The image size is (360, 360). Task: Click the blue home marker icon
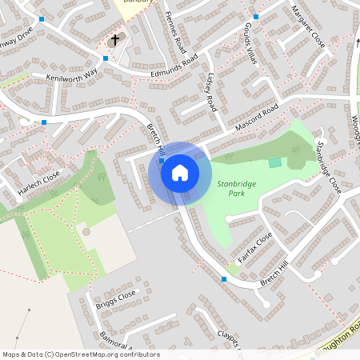(x=180, y=172)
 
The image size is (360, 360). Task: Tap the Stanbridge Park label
(x=237, y=189)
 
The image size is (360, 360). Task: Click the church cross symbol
(x=114, y=40)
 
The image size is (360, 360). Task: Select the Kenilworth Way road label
(x=71, y=77)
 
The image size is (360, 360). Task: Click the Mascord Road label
(x=257, y=117)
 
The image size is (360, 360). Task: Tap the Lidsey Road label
(x=211, y=93)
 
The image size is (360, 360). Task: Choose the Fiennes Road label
(x=174, y=33)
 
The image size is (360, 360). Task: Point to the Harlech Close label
(x=39, y=184)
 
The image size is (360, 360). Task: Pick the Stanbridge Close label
(x=328, y=167)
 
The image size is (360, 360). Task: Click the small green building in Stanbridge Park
(x=275, y=162)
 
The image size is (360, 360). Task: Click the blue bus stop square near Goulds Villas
(x=256, y=17)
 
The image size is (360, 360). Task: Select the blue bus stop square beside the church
(x=106, y=58)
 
